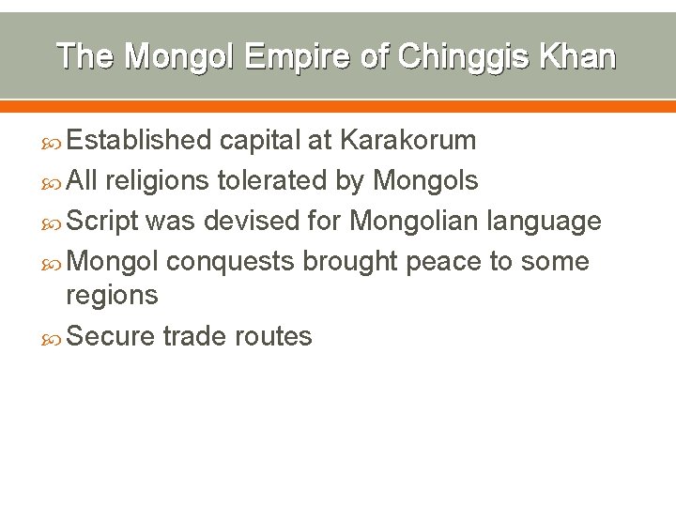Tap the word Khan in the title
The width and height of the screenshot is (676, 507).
[579, 56]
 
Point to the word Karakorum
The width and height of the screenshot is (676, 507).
[407, 141]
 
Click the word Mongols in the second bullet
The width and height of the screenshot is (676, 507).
[425, 179]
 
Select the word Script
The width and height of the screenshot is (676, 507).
[102, 221]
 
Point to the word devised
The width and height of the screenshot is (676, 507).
[250, 221]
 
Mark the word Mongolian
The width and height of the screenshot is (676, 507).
[414, 221]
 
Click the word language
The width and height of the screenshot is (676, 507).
[544, 222]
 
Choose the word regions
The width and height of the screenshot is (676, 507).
[112, 296]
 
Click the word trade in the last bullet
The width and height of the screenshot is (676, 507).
[192, 336]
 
